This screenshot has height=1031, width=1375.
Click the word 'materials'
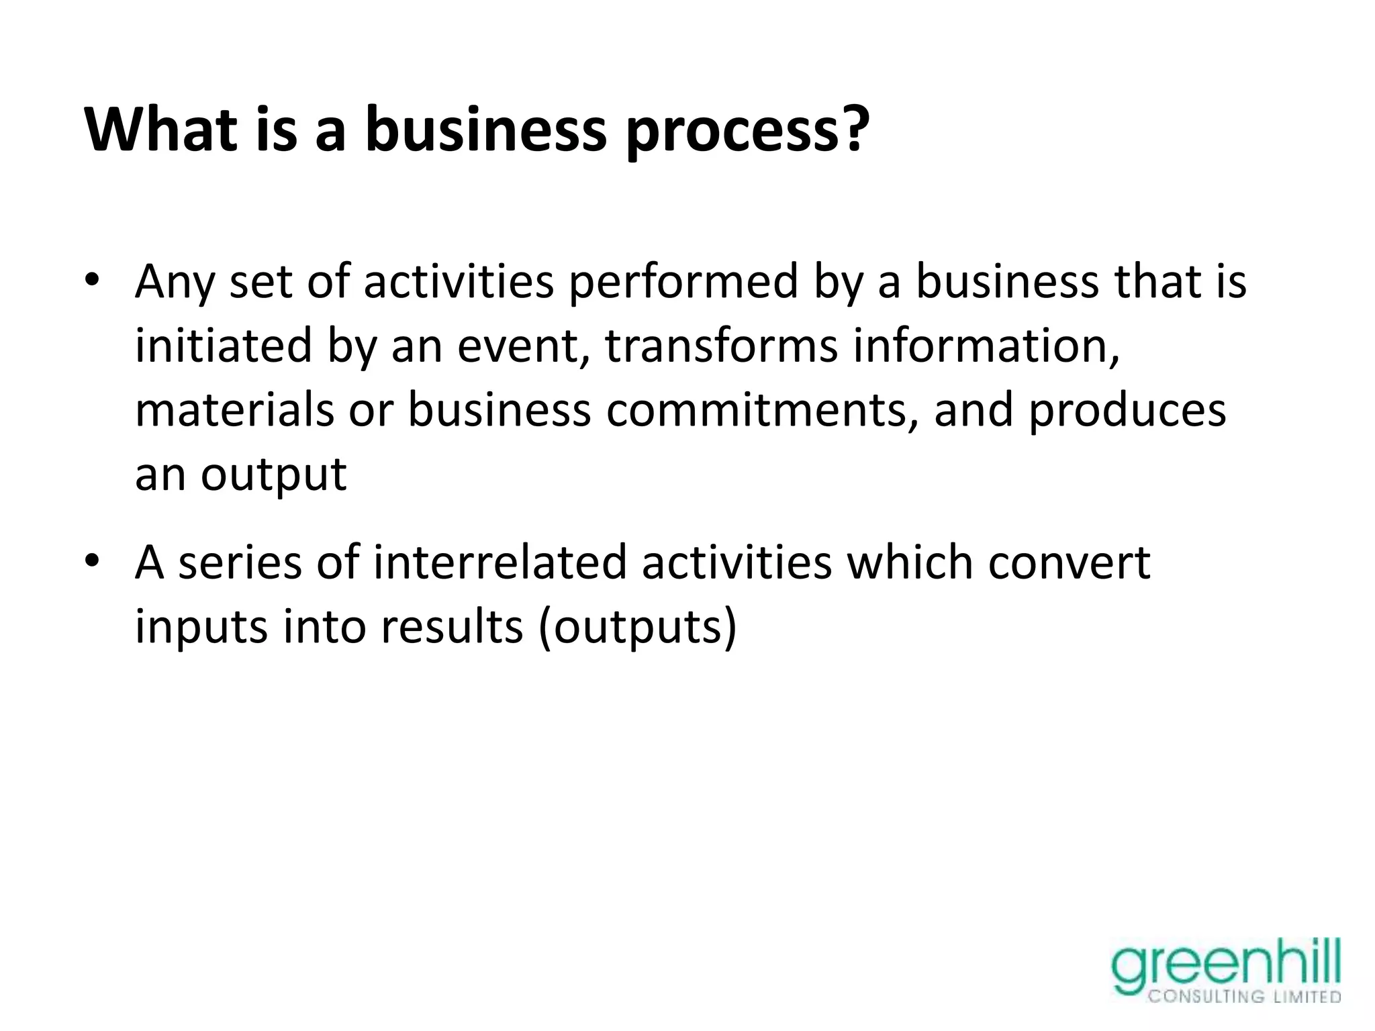pyautogui.click(x=234, y=411)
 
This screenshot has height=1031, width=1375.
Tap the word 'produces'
pyautogui.click(x=1128, y=411)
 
